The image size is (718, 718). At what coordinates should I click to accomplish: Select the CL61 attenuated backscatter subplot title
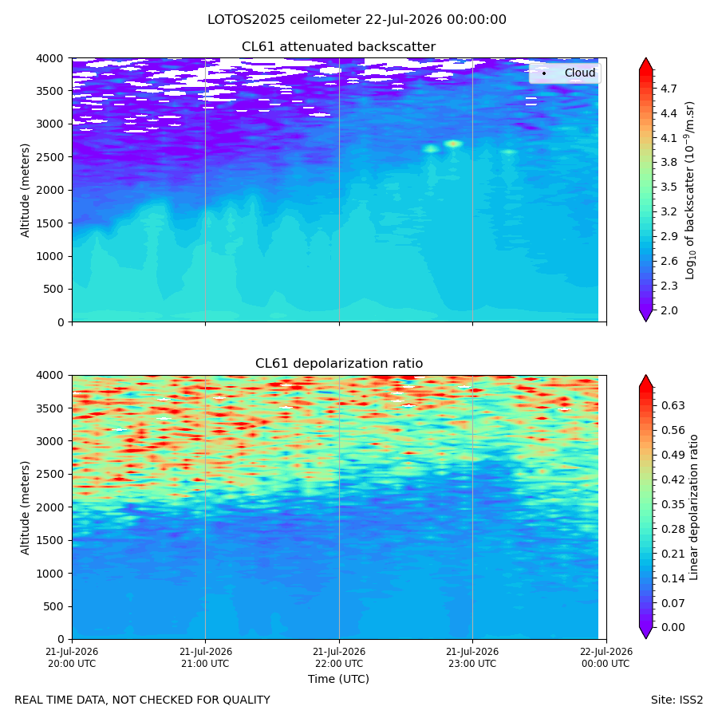(338, 47)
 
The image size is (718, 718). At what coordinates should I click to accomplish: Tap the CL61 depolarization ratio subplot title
(339, 363)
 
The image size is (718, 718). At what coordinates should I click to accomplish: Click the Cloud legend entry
(580, 73)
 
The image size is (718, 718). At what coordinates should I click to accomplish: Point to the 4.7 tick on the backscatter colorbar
(669, 89)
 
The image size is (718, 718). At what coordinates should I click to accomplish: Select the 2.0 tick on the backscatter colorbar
(669, 310)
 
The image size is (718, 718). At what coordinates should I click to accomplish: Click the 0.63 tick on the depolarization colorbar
(673, 405)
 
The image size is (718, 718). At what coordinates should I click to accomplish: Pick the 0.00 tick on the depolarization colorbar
(673, 627)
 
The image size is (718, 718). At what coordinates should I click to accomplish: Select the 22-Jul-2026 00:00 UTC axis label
(606, 657)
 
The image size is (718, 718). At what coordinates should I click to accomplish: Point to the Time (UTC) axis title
(338, 679)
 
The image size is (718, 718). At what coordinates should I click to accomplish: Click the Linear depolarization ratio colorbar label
(693, 507)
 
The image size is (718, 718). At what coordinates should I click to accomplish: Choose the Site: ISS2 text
(677, 700)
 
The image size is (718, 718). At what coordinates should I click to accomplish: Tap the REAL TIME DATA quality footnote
(143, 700)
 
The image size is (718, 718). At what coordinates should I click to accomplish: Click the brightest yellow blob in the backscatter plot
(453, 144)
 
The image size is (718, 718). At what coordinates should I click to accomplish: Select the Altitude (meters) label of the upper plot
(25, 191)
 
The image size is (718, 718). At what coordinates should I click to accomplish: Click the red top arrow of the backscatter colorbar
(645, 65)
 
